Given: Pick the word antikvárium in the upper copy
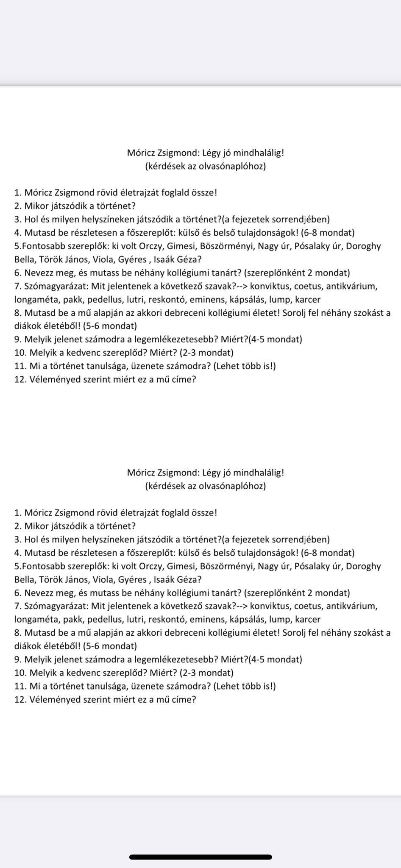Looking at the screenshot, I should [351, 286].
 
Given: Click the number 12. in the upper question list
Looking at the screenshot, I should [20, 379].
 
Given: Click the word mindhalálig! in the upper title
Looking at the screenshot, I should [258, 153].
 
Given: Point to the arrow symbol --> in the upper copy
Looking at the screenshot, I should [242, 286].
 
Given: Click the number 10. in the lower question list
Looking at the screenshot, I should [20, 673].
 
